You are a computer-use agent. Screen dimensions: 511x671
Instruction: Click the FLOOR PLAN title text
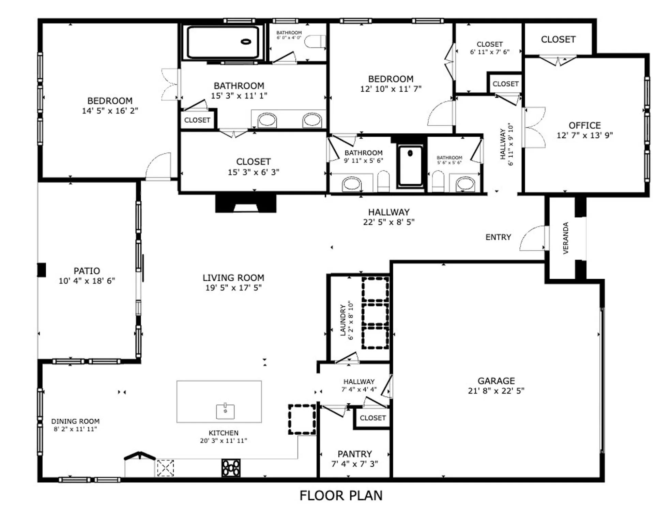(x=341, y=496)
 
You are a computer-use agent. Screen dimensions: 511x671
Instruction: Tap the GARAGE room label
(x=496, y=381)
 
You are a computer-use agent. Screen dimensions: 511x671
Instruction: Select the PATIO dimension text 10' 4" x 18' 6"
(x=87, y=281)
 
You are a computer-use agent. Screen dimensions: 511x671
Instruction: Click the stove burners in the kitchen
(x=231, y=468)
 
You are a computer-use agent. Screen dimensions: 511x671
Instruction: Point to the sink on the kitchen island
(x=225, y=412)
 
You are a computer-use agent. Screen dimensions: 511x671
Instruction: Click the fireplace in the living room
(x=245, y=203)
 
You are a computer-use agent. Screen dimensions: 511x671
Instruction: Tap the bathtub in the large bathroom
(x=223, y=42)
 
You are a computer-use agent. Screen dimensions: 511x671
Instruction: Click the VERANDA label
(x=566, y=238)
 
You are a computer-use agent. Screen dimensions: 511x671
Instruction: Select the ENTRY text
(x=498, y=237)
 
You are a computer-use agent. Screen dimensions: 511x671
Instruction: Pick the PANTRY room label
(x=354, y=454)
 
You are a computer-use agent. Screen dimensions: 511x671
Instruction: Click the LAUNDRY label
(x=343, y=320)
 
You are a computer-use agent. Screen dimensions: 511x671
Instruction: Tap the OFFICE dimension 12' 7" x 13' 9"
(x=584, y=135)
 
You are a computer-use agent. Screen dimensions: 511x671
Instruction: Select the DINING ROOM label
(x=75, y=421)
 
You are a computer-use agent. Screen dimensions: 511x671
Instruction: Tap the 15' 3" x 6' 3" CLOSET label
(x=253, y=162)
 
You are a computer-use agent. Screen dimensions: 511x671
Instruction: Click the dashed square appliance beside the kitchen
(x=302, y=419)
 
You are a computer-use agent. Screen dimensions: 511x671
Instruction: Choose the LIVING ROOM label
(x=233, y=278)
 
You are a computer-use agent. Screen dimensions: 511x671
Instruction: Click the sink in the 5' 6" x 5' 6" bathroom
(x=465, y=184)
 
